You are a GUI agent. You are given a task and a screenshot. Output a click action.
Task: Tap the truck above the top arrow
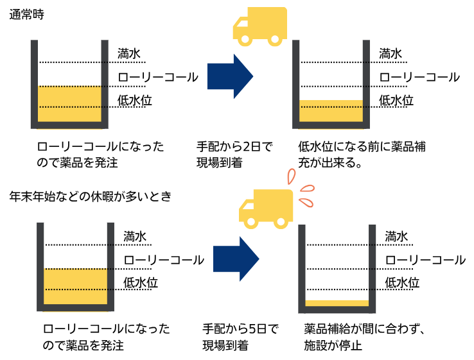[x=259, y=26]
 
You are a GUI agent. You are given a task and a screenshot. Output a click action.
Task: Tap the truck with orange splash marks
[x=265, y=209]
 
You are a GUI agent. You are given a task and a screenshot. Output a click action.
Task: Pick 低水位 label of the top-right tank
[x=396, y=100]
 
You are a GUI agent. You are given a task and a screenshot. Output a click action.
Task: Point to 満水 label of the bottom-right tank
[x=396, y=236]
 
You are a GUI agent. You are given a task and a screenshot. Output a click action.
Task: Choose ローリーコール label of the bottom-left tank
[x=164, y=260]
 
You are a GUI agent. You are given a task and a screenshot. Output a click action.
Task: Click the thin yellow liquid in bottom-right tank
[x=337, y=304]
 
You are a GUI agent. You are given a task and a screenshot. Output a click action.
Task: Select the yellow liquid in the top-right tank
[x=331, y=110]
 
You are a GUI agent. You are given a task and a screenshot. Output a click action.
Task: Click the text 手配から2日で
[x=234, y=147]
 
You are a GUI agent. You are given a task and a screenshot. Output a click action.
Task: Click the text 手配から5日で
[x=240, y=329]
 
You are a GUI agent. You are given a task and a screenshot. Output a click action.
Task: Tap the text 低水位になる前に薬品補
[x=362, y=147]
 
